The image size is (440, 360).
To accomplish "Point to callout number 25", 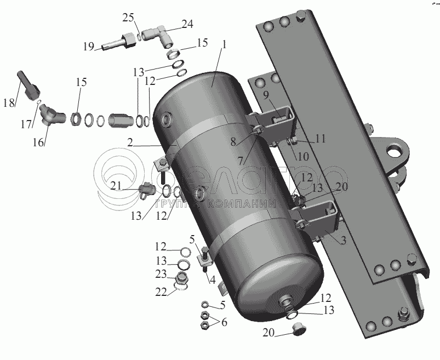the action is pyautogui.click(x=128, y=18).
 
